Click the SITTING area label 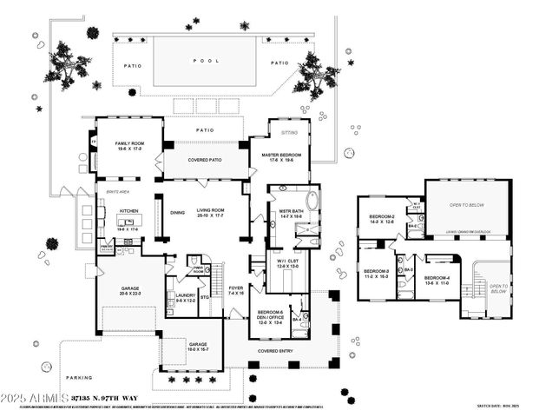click(289, 133)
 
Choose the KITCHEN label click(128, 211)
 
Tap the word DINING click(178, 212)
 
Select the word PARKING click(79, 378)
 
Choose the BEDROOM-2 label click(382, 218)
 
